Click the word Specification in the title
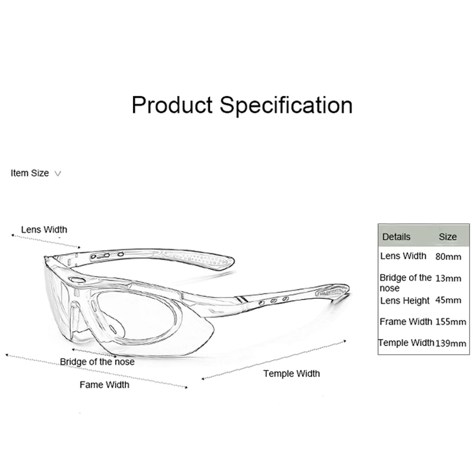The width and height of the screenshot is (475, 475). point(287,105)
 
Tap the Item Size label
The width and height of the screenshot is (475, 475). point(30,173)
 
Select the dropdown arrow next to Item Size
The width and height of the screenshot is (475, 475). point(58,174)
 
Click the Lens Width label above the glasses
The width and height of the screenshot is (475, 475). point(44,230)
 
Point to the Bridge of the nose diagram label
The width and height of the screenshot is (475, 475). point(97,362)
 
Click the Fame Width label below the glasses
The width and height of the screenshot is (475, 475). point(104,385)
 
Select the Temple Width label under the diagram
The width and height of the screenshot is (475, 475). point(292,373)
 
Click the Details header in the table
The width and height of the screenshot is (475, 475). point(396,236)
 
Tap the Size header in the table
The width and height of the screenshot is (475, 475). point(448,236)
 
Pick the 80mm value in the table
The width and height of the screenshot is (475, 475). point(448,257)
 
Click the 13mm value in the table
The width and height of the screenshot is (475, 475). point(448,278)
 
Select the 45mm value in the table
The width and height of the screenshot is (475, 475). point(448,300)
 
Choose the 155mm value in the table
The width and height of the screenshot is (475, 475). point(451,322)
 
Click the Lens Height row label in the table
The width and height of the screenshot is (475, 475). point(404,300)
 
